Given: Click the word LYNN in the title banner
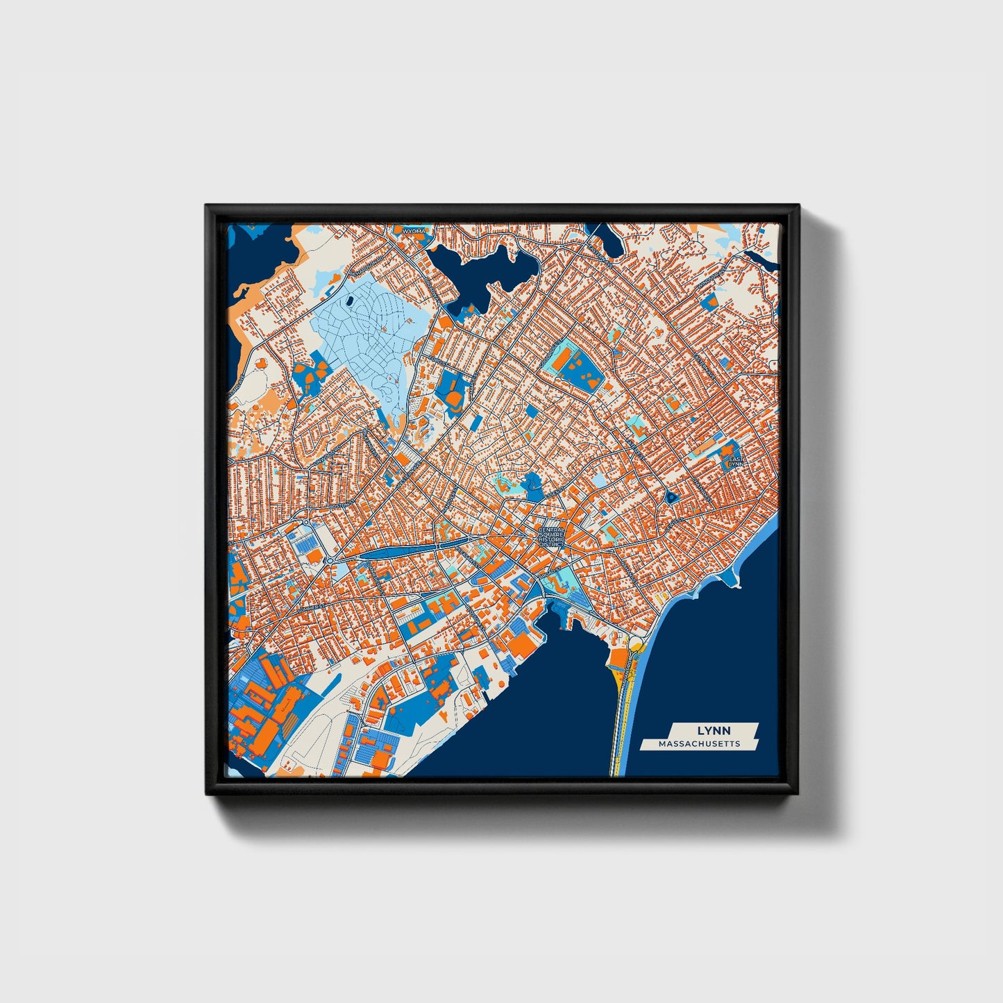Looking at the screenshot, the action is coord(709,731).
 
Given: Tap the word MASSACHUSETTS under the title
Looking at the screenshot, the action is coord(699,743).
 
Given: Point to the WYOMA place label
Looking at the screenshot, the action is coord(414,230).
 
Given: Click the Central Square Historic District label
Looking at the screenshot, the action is coord(553,537).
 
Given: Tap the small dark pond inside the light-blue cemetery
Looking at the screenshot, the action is coord(350,301).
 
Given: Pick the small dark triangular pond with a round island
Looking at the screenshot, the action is coord(672,496).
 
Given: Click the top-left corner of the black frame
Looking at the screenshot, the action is coord(206,205).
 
